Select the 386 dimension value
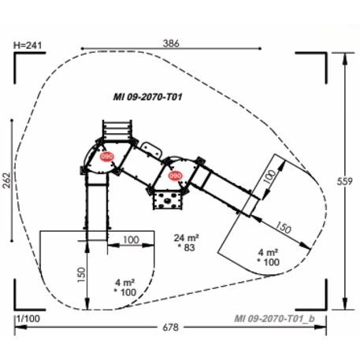tap(171, 43)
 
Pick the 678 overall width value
tap(170, 326)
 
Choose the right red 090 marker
tap(176, 176)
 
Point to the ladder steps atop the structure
tap(116, 128)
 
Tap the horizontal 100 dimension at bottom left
tap(131, 239)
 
